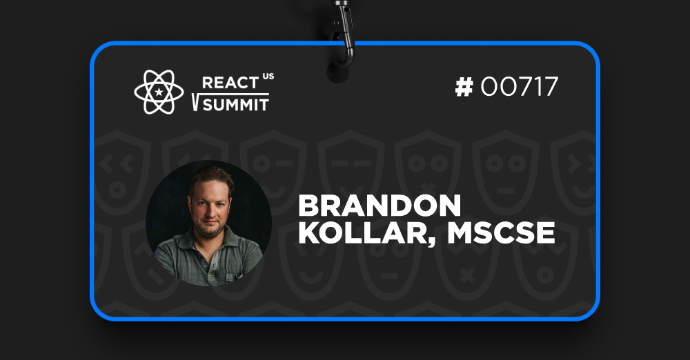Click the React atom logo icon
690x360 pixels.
(x=159, y=92)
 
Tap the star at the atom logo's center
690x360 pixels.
(x=159, y=92)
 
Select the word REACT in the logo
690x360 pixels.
(x=230, y=83)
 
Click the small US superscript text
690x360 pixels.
(x=268, y=76)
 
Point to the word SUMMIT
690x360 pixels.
(x=235, y=105)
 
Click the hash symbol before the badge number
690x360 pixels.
(x=464, y=87)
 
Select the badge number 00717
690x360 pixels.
(x=520, y=87)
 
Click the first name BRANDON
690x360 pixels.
(x=379, y=206)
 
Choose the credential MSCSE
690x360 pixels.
(x=501, y=233)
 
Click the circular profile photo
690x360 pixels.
(x=208, y=223)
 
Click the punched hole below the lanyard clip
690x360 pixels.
(x=338, y=74)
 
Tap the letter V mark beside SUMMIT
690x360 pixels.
(x=196, y=103)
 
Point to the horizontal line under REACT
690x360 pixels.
(x=235, y=94)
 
